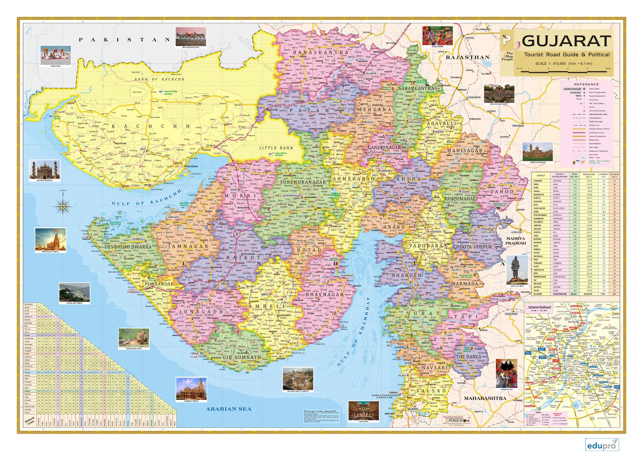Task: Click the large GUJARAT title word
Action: pyautogui.click(x=566, y=41)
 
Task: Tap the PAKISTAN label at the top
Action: pyautogui.click(x=124, y=40)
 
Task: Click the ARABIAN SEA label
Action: pyautogui.click(x=229, y=409)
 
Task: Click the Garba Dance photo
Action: pyautogui.click(x=437, y=36)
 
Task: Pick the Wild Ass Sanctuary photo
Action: pyautogui.click(x=190, y=36)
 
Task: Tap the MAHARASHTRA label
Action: pyautogui.click(x=485, y=398)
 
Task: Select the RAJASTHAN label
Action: pyautogui.click(x=468, y=57)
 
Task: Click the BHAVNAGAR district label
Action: pyautogui.click(x=320, y=295)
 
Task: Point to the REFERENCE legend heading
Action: pyautogui.click(x=586, y=85)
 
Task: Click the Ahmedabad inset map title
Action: pyautogui.click(x=539, y=307)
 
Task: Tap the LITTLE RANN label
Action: pyautogui.click(x=276, y=148)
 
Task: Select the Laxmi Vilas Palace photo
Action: pyautogui.click(x=537, y=151)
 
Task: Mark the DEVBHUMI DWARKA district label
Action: pyautogui.click(x=128, y=247)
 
